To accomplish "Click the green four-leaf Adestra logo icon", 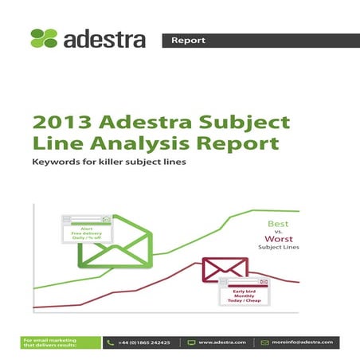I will [44, 38].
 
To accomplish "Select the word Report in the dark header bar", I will [188, 40].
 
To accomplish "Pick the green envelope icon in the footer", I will [265, 342].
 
